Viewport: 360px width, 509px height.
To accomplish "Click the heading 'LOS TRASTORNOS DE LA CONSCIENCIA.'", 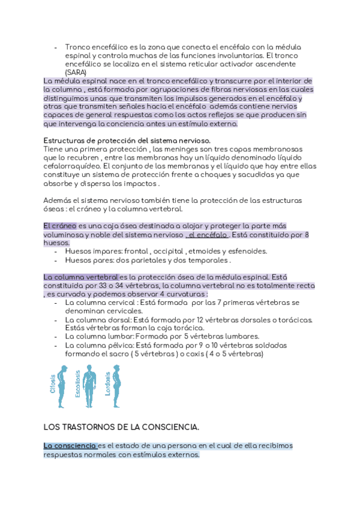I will (x=121, y=427).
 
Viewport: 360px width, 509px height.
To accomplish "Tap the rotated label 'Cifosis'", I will (x=52, y=384).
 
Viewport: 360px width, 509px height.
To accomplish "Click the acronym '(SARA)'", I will (x=77, y=72).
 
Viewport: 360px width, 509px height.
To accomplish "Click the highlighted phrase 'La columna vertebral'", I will (x=80, y=277).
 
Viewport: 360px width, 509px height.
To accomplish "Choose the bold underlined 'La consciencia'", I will (x=70, y=446).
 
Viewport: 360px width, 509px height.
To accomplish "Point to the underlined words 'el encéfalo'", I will (x=208, y=235).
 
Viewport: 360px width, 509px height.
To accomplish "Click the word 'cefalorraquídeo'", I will (x=71, y=166).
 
